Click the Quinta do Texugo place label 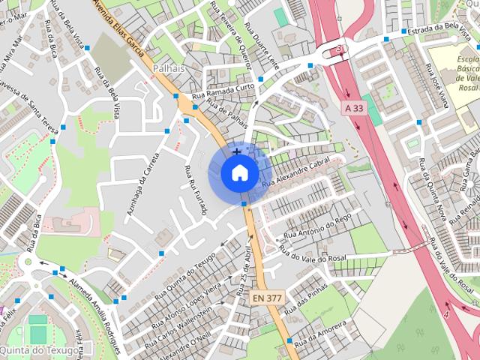point(39,350)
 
